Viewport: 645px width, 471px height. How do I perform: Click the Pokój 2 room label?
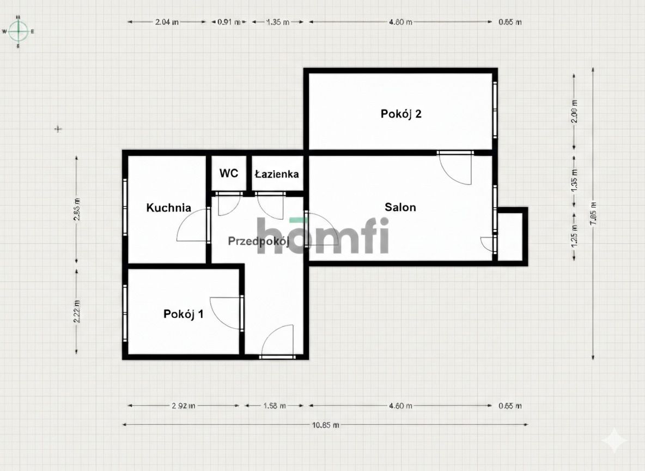[401, 114]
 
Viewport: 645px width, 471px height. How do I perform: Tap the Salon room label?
[400, 207]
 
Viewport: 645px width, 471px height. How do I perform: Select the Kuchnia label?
[169, 208]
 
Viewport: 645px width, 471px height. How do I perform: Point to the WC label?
[229, 173]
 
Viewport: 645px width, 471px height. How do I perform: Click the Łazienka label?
[277, 174]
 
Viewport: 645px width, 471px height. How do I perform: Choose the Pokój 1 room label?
[184, 314]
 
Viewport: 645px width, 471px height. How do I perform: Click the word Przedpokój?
[258, 241]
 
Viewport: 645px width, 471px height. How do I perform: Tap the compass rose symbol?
[19, 31]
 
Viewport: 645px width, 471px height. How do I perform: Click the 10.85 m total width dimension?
[325, 424]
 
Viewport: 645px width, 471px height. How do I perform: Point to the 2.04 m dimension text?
[167, 22]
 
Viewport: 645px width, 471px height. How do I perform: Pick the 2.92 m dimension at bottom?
[184, 406]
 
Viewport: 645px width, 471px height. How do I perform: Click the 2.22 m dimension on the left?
[77, 311]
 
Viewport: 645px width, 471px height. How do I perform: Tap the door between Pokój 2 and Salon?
[456, 168]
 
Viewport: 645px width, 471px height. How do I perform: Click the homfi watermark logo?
[322, 235]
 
